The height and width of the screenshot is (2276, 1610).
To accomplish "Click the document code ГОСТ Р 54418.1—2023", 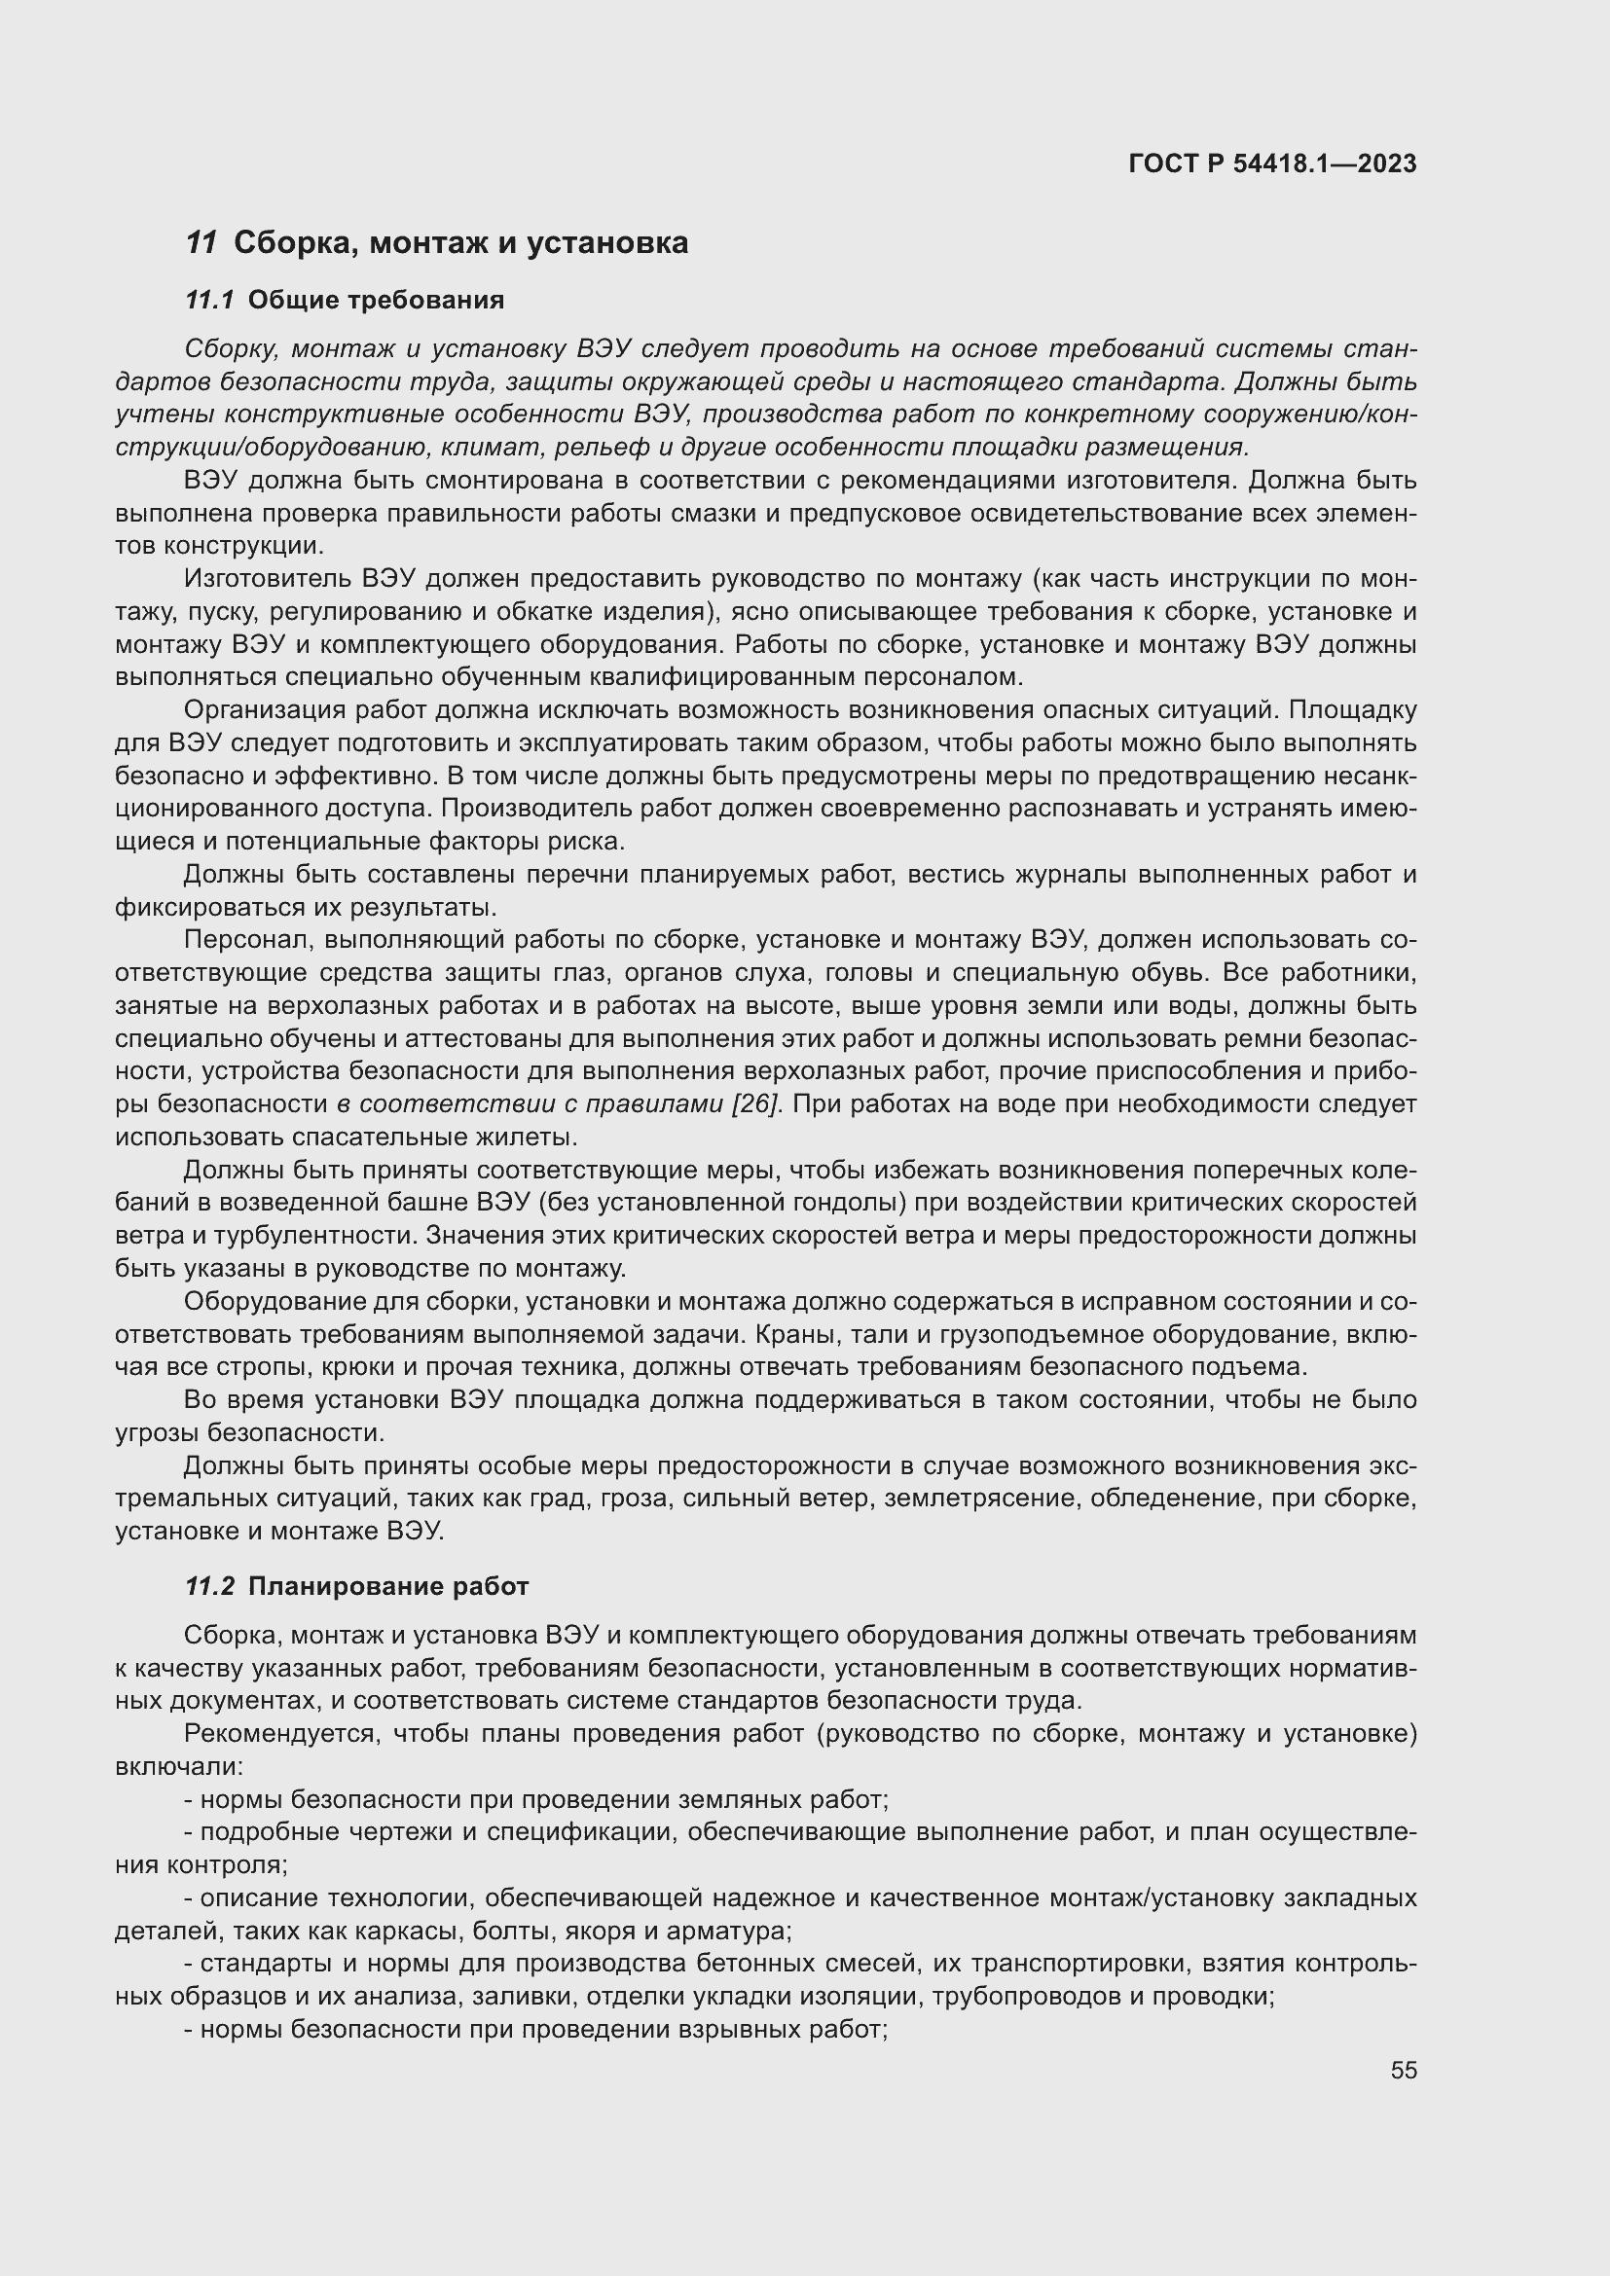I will tap(1272, 163).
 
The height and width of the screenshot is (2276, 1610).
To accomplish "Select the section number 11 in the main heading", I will tap(201, 243).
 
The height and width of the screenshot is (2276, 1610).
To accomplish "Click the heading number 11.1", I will tap(209, 301).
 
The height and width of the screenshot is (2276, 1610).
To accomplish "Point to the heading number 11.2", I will tap(209, 1586).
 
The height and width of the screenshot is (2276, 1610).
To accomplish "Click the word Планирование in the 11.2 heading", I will tap(346, 1586).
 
